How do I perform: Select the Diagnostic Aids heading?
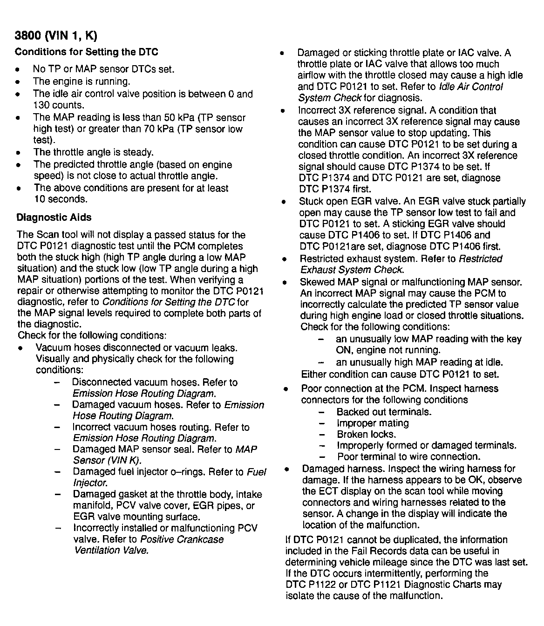54,218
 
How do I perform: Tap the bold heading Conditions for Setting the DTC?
86,52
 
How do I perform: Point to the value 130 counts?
59,105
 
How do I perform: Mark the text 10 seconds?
61,199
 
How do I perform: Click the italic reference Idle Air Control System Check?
401,92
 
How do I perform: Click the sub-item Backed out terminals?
384,412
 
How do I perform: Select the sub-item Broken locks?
366,435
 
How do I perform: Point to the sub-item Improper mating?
373,423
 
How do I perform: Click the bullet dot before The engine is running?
18,82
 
